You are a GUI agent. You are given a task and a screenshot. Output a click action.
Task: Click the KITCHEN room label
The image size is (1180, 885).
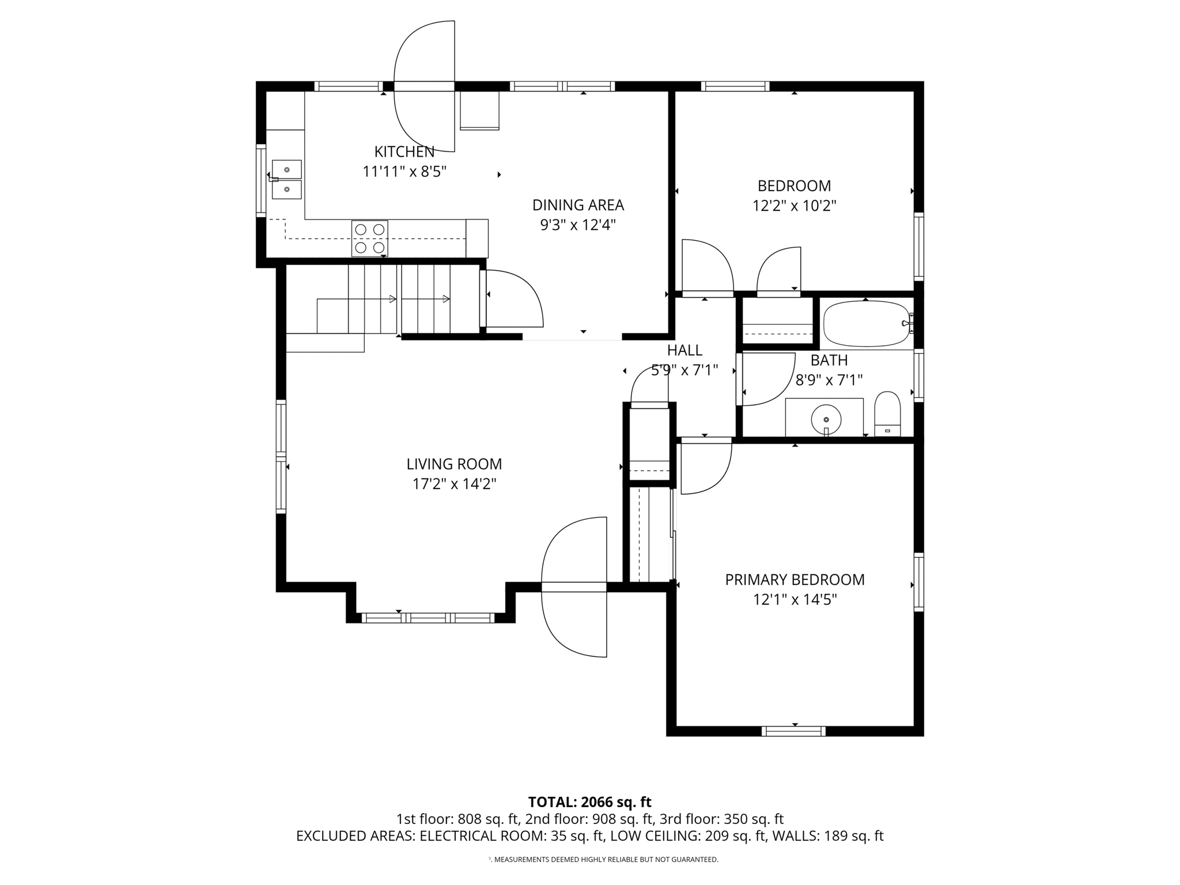[404, 152]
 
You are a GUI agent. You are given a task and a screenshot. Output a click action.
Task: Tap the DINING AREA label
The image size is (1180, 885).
[577, 205]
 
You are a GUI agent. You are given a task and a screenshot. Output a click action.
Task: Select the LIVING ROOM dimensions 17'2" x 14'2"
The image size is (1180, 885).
[454, 484]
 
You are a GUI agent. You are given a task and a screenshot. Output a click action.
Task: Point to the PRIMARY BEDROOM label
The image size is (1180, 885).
[795, 580]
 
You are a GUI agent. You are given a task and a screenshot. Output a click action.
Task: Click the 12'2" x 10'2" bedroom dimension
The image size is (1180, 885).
[794, 206]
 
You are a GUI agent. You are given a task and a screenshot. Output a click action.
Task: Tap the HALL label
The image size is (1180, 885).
[684, 350]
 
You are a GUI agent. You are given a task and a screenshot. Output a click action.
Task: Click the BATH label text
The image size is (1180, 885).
[829, 360]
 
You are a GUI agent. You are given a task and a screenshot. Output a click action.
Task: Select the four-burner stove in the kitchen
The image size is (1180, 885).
[369, 239]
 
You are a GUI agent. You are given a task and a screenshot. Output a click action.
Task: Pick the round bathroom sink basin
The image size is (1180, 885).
[826, 418]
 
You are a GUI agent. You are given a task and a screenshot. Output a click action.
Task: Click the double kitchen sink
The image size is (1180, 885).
[286, 179]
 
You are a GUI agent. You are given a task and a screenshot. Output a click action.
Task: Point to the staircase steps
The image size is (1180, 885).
[398, 299]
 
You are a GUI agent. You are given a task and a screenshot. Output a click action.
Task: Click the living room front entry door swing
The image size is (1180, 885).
[574, 587]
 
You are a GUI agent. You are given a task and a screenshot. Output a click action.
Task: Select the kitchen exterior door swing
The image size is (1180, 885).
[425, 86]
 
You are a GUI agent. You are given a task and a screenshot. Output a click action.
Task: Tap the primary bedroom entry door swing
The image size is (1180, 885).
[705, 467]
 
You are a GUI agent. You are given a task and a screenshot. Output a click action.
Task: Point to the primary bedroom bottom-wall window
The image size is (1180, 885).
[793, 731]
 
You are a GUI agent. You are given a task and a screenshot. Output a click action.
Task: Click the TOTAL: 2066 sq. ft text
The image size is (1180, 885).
[589, 802]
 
